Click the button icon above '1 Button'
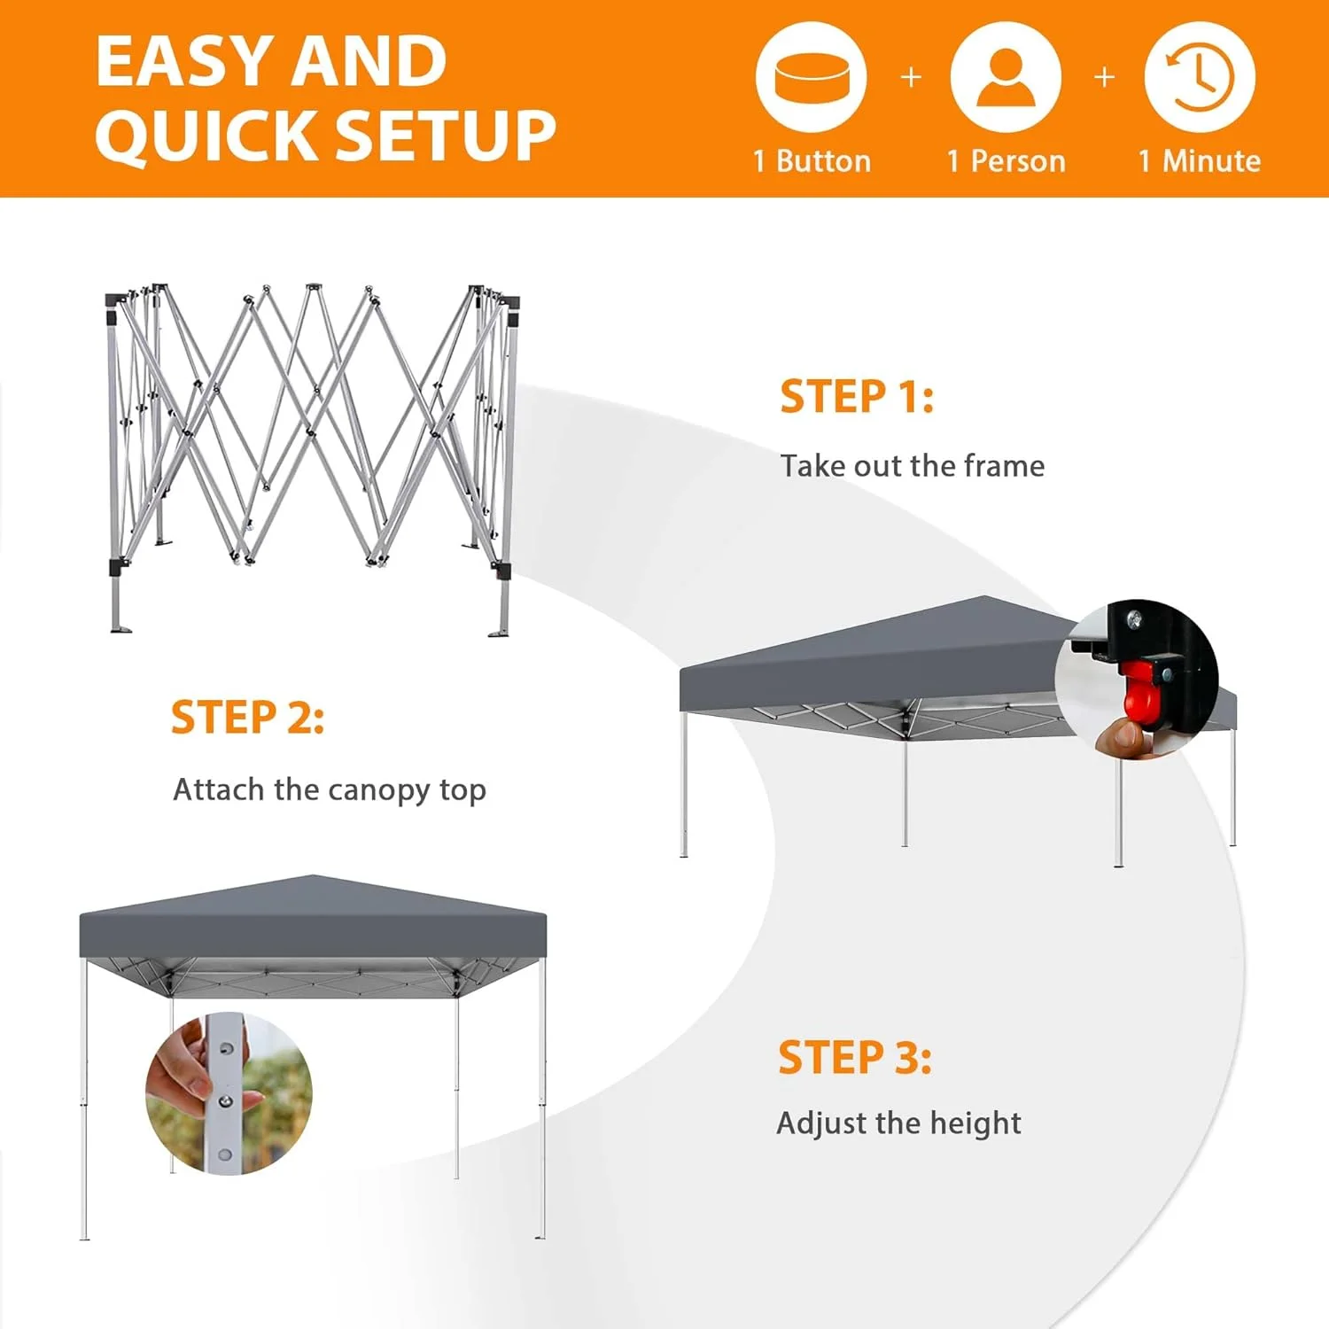pos(812,78)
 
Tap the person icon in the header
pos(1006,78)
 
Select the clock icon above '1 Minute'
pos(1200,78)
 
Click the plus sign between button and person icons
pos(911,78)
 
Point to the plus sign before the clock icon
pos(1104,78)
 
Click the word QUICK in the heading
pos(208,137)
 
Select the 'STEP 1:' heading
pos(857,396)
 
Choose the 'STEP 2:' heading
pos(247,718)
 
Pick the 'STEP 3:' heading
pos(855,1058)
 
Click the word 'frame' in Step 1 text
pos(1004,465)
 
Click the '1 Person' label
pos(1006,161)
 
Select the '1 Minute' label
pos(1200,161)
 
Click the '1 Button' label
pos(812,161)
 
